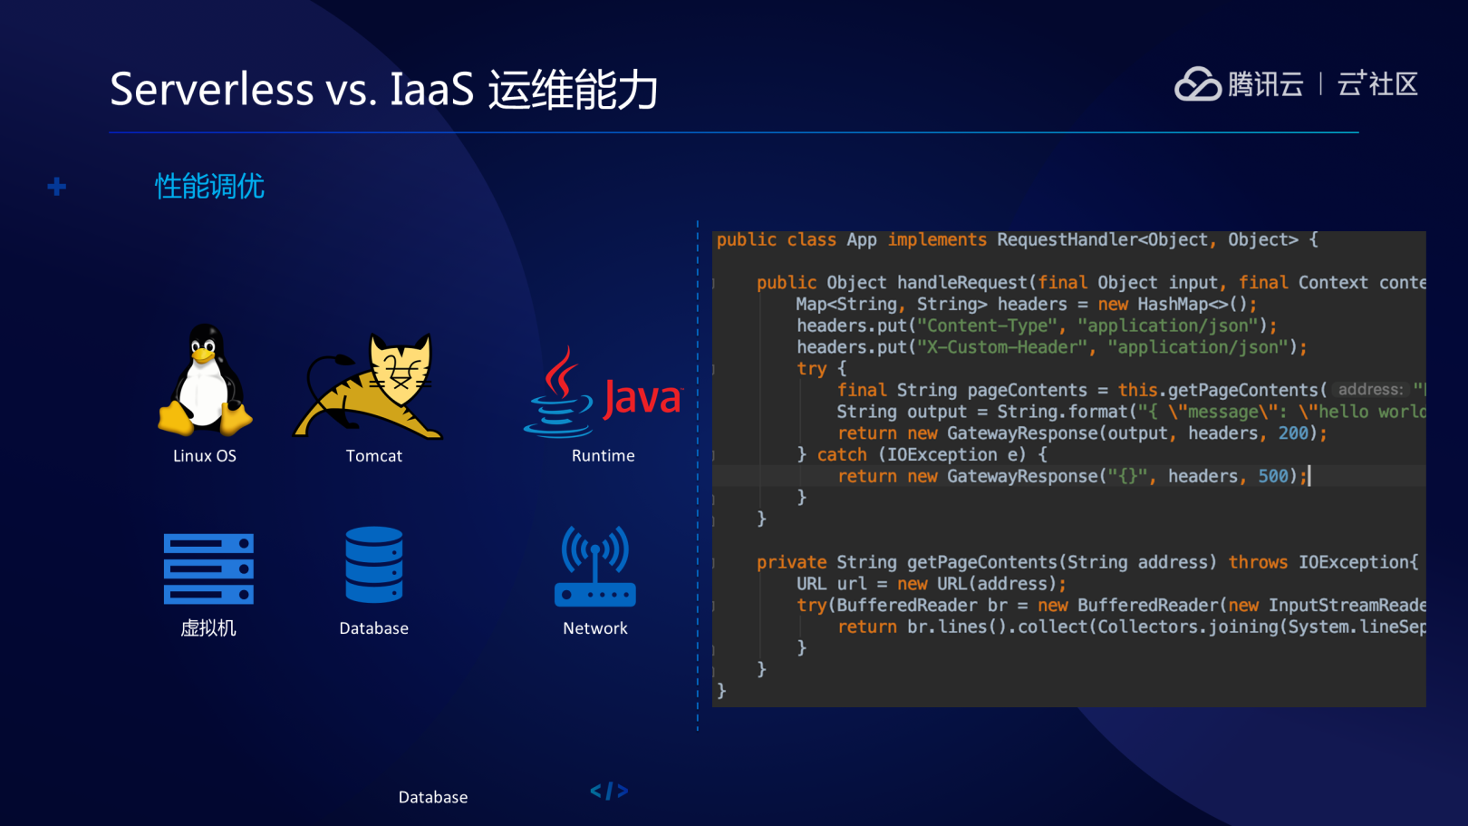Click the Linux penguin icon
(205, 380)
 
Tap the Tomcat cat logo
(368, 386)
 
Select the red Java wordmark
(642, 398)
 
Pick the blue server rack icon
(208, 568)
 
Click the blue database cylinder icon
(374, 565)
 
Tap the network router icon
(595, 567)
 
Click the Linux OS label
(205, 455)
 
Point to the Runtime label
(603, 455)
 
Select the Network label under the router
(595, 628)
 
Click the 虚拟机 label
(208, 628)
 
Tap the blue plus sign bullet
(57, 187)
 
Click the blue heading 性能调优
(209, 187)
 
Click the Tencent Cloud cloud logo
(1198, 84)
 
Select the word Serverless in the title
(212, 89)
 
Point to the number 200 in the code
(1293, 433)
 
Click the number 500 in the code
(1272, 476)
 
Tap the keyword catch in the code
(842, 454)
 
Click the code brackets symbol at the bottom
(610, 792)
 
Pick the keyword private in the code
(791, 562)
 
